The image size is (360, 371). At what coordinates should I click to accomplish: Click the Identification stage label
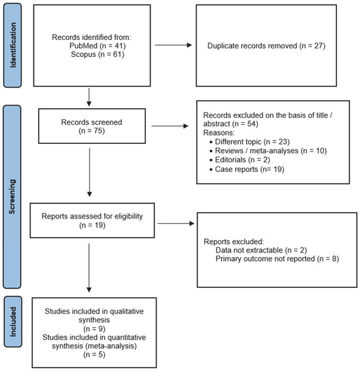click(x=12, y=45)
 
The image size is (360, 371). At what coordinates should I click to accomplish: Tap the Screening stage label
click(x=12, y=196)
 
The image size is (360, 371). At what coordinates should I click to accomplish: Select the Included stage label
click(x=13, y=322)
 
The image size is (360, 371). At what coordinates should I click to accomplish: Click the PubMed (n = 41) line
click(x=98, y=46)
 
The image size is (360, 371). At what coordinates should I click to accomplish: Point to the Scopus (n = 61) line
click(x=98, y=54)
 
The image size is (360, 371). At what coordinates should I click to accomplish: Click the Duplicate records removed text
click(x=266, y=46)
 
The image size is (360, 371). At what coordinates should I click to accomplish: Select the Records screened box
click(x=92, y=126)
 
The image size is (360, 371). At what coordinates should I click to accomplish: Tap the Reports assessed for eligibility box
click(x=92, y=221)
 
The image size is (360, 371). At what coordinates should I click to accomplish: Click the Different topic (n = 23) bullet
click(x=249, y=142)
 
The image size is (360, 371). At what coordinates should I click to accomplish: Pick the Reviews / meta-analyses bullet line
click(x=268, y=150)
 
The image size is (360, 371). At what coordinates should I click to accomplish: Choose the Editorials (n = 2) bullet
click(x=240, y=160)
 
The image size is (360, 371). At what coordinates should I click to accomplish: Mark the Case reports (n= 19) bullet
click(x=247, y=169)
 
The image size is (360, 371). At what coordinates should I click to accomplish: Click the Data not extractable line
click(x=261, y=250)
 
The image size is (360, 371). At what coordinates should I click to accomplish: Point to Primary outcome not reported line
click(x=277, y=258)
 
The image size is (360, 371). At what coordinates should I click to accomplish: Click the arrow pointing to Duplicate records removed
click(x=173, y=45)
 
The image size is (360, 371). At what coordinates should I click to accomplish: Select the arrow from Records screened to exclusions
click(x=170, y=126)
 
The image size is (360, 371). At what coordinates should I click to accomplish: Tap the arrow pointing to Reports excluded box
click(x=176, y=223)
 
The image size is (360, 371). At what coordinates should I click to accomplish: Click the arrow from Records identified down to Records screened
click(x=89, y=97)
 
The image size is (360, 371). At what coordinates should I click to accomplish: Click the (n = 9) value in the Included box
click(x=94, y=328)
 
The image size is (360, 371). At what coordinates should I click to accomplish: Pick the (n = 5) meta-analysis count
click(x=94, y=355)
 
